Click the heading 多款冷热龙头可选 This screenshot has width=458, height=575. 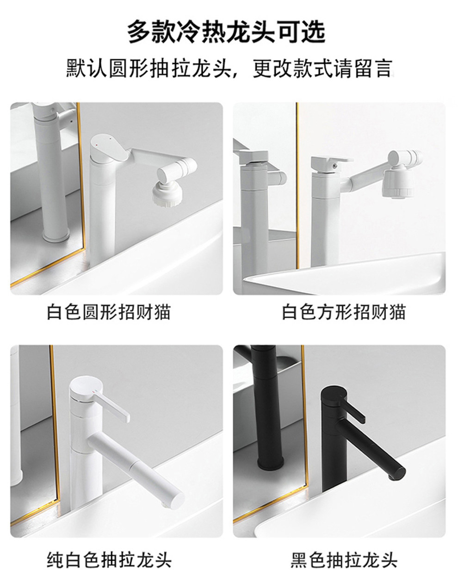pyautogui.click(x=226, y=32)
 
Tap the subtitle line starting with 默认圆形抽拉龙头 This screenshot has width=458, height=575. pyautogui.click(x=229, y=68)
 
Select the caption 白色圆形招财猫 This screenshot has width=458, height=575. pyautogui.click(x=109, y=312)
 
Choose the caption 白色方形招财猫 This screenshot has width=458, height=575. pyautogui.click(x=344, y=312)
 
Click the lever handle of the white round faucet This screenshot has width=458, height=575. pyautogui.click(x=110, y=148)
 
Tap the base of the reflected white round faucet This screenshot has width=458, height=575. pyautogui.click(x=56, y=235)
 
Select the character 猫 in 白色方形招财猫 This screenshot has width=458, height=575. pyautogui.click(x=397, y=312)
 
